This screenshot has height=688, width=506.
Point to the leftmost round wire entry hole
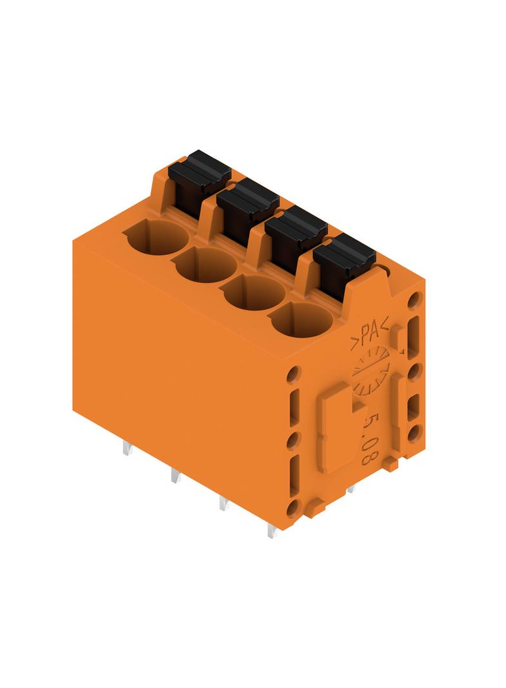click(x=156, y=238)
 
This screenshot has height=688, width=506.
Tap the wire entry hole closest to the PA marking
click(x=302, y=321)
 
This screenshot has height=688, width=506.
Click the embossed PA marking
click(x=369, y=334)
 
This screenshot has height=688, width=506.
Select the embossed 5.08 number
click(x=370, y=440)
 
